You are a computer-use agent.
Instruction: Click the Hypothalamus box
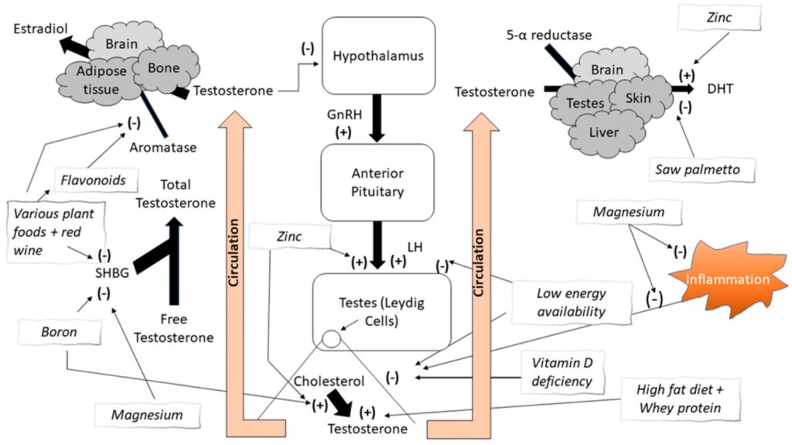(x=374, y=56)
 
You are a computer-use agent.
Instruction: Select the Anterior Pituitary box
(x=374, y=181)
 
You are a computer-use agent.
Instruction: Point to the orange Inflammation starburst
(x=726, y=278)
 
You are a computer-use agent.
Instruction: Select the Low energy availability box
(x=562, y=301)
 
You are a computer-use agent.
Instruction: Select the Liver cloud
(x=603, y=132)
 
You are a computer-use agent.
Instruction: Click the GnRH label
(x=341, y=114)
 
